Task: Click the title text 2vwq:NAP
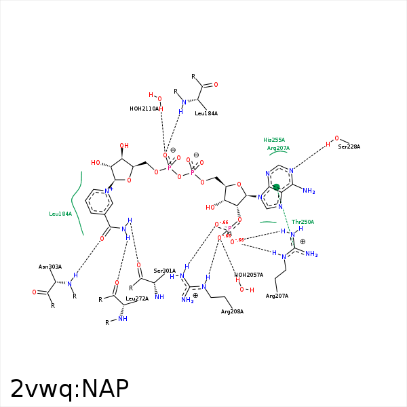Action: pyautogui.click(x=69, y=389)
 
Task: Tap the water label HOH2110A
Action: pyautogui.click(x=144, y=109)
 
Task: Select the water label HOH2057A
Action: pyautogui.click(x=249, y=275)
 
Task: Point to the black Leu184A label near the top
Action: pyautogui.click(x=206, y=113)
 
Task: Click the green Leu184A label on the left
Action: pyautogui.click(x=60, y=214)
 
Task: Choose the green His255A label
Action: pyautogui.click(x=274, y=140)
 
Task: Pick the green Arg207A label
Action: pyautogui.click(x=278, y=148)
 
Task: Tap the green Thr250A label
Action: pyautogui.click(x=303, y=222)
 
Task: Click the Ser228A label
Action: pyautogui.click(x=349, y=147)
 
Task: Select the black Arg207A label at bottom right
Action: pyautogui.click(x=277, y=296)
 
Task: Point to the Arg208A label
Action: pyautogui.click(x=232, y=311)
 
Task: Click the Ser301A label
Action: pyautogui.click(x=164, y=271)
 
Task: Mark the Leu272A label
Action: pyautogui.click(x=137, y=298)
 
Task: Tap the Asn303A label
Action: pyautogui.click(x=50, y=267)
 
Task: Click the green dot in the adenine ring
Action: pyautogui.click(x=276, y=187)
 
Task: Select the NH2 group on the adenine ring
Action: pyautogui.click(x=309, y=191)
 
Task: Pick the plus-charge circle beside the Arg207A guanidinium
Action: pyautogui.click(x=303, y=241)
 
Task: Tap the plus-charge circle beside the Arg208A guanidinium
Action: pyautogui.click(x=195, y=296)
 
